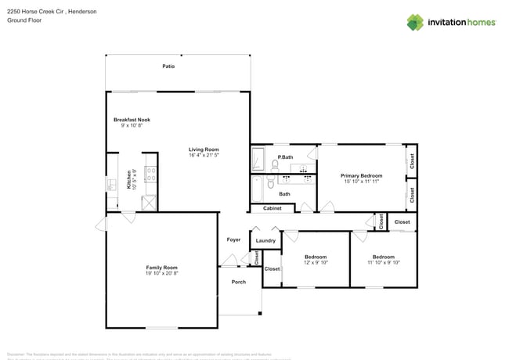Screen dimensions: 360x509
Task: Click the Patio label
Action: [168, 67]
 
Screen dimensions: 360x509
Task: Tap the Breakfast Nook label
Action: [132, 120]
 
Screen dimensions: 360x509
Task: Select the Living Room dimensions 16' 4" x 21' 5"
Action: [203, 156]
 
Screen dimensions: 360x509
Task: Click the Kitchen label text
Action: [129, 181]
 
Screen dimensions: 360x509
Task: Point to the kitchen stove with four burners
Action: [150, 175]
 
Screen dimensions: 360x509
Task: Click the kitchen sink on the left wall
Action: [111, 185]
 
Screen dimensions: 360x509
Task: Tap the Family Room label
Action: [161, 268]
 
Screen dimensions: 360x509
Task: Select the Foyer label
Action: [233, 239]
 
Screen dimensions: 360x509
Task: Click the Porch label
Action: [239, 282]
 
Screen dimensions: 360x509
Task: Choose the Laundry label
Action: [265, 240]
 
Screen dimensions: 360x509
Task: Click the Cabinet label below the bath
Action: [273, 208]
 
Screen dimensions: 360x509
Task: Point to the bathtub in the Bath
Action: [259, 188]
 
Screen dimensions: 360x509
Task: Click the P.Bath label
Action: [285, 157]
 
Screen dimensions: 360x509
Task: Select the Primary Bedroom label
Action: [361, 176]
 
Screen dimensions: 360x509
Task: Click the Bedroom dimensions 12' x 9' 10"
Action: [316, 263]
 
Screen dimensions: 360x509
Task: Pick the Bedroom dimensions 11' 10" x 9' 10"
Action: [384, 263]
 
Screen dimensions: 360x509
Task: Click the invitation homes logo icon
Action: [416, 22]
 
